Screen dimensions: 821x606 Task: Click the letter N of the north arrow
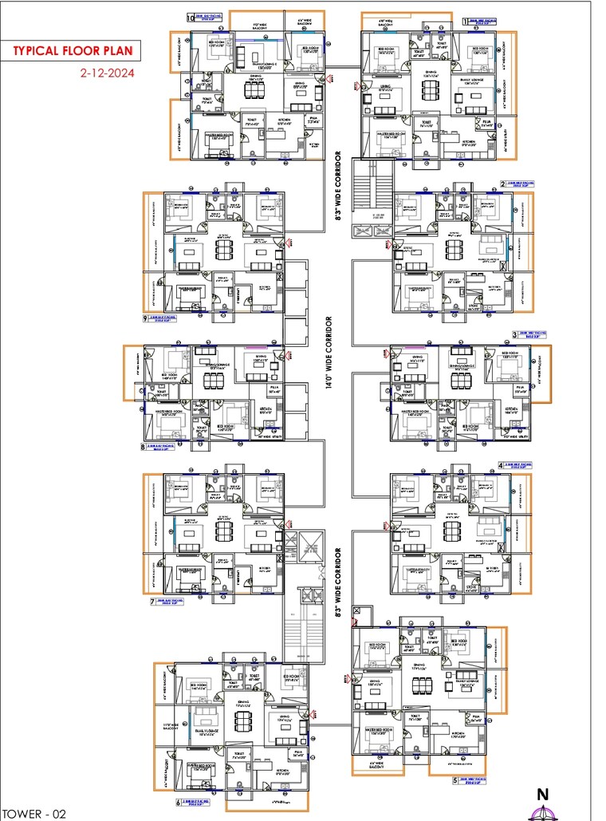(543, 794)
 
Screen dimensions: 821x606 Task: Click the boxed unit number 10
(190, 16)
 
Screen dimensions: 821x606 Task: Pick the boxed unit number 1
(466, 22)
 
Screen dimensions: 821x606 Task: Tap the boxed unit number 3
(514, 334)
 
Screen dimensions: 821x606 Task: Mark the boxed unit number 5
(455, 781)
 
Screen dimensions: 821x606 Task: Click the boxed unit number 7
(151, 602)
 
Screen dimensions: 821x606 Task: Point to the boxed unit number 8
(144, 447)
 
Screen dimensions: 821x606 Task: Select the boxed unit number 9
(145, 318)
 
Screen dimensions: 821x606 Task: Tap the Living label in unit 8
(260, 358)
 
